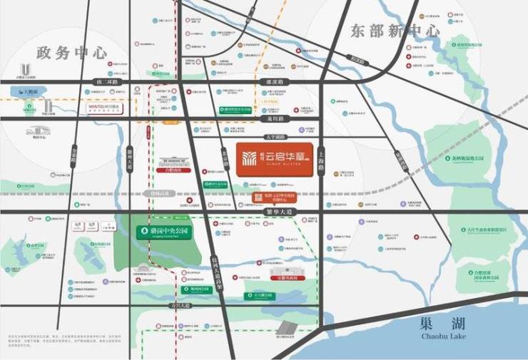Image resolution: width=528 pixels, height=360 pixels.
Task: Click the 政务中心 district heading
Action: point(72,53)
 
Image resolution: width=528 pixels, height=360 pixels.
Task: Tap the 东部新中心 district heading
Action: point(394,31)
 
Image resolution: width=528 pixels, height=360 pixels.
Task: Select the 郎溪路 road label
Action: point(270,83)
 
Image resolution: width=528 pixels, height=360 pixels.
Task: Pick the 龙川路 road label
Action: point(270,118)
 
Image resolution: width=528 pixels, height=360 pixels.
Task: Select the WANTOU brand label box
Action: point(104,107)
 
